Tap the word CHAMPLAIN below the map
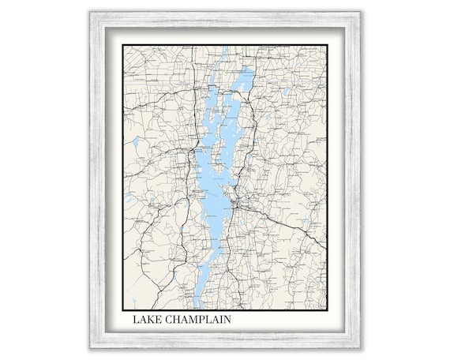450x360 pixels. pyautogui.click(x=197, y=321)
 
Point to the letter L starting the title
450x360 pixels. pyautogui.click(x=136, y=321)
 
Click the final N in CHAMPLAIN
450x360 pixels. pyautogui.click(x=228, y=321)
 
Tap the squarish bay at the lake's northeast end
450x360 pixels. pyautogui.click(x=246, y=79)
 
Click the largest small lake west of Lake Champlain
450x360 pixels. pyautogui.click(x=135, y=143)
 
